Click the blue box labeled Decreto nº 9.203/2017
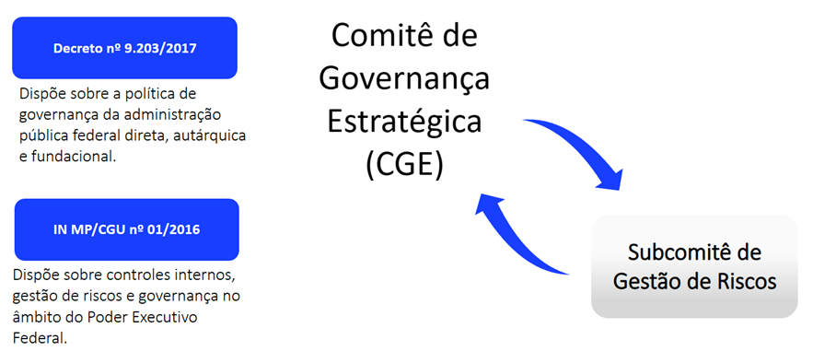coord(124,46)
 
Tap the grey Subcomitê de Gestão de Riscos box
coord(694,266)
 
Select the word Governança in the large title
coord(405,80)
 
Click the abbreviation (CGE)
coord(404,164)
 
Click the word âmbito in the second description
coord(38,316)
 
